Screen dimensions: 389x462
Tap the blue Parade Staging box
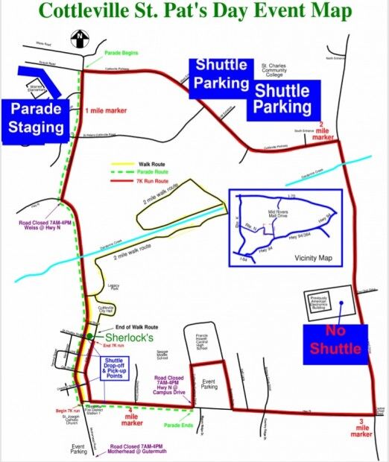point(37,118)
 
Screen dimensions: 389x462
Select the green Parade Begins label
point(119,52)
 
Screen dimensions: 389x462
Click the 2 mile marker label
point(323,131)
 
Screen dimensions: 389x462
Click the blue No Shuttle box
point(335,343)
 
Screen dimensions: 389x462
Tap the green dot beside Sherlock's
point(90,337)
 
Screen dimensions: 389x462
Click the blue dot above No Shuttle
point(339,303)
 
